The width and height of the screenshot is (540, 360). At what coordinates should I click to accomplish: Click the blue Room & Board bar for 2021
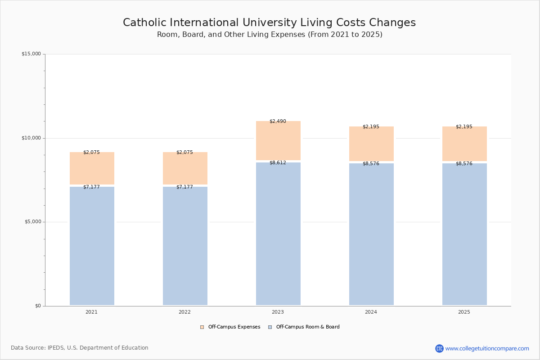pos(92,246)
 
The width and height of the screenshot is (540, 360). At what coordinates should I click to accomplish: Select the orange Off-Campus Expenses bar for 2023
pos(278,141)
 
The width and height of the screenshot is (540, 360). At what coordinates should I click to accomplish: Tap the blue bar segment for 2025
pos(464,234)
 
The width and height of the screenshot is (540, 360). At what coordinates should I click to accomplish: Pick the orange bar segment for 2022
pos(185,168)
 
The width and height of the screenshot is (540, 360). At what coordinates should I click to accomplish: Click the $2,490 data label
pos(278,121)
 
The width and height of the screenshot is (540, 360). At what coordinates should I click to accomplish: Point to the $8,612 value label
pos(278,163)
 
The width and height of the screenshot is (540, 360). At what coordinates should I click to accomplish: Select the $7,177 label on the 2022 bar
pos(184,187)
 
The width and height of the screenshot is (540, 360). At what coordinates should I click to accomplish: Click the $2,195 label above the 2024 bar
pos(371,127)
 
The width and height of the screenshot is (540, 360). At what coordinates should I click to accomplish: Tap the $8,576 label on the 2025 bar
pos(464,164)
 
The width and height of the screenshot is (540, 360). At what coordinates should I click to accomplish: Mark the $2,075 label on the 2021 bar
pos(91,153)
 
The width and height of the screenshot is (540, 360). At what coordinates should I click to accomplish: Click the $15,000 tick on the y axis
pos(31,54)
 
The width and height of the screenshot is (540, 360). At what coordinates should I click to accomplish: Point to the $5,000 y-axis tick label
pos(32,222)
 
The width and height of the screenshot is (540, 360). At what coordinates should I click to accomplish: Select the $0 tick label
pos(38,306)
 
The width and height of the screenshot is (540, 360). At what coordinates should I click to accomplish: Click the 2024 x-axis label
pos(371,312)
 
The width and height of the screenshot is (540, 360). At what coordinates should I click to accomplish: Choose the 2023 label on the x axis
pos(278,312)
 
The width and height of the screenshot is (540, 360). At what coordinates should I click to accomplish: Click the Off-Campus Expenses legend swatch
pos(202,327)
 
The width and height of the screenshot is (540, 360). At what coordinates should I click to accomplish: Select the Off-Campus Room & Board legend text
pos(308,327)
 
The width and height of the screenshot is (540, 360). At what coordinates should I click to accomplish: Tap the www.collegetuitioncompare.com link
pos(487,349)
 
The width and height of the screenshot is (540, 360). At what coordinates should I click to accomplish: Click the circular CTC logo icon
pos(439,349)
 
